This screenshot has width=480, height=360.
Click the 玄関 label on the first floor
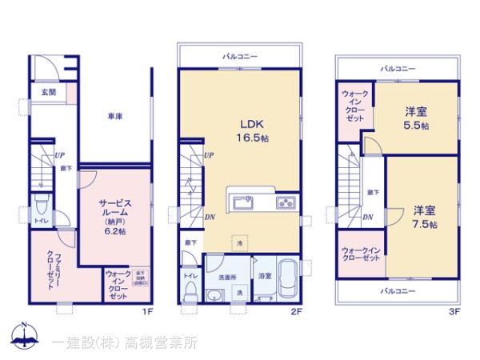tap(49, 92)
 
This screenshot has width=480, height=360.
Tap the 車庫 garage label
tap(115, 117)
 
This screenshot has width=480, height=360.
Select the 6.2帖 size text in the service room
tap(114, 230)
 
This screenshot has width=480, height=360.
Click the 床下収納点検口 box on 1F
tap(139, 277)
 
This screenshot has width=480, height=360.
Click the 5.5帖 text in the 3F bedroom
tap(415, 126)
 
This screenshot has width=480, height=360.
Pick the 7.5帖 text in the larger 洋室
tap(425, 225)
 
